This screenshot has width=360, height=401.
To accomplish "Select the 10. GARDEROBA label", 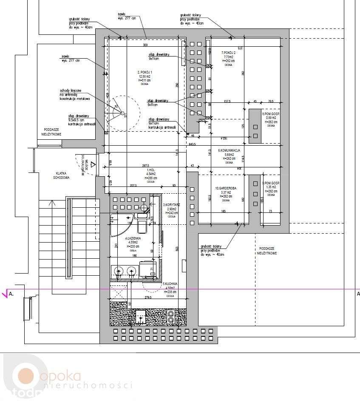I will click(x=226, y=188).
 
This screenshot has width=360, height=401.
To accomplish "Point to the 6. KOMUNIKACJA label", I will click(x=230, y=150).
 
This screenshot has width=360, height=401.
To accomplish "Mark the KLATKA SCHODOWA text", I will click(x=62, y=175).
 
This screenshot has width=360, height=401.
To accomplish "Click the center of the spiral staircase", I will click(x=122, y=113).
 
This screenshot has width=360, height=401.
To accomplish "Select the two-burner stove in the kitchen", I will click(x=171, y=317).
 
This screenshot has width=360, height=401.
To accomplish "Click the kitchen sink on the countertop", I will click(x=140, y=316).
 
